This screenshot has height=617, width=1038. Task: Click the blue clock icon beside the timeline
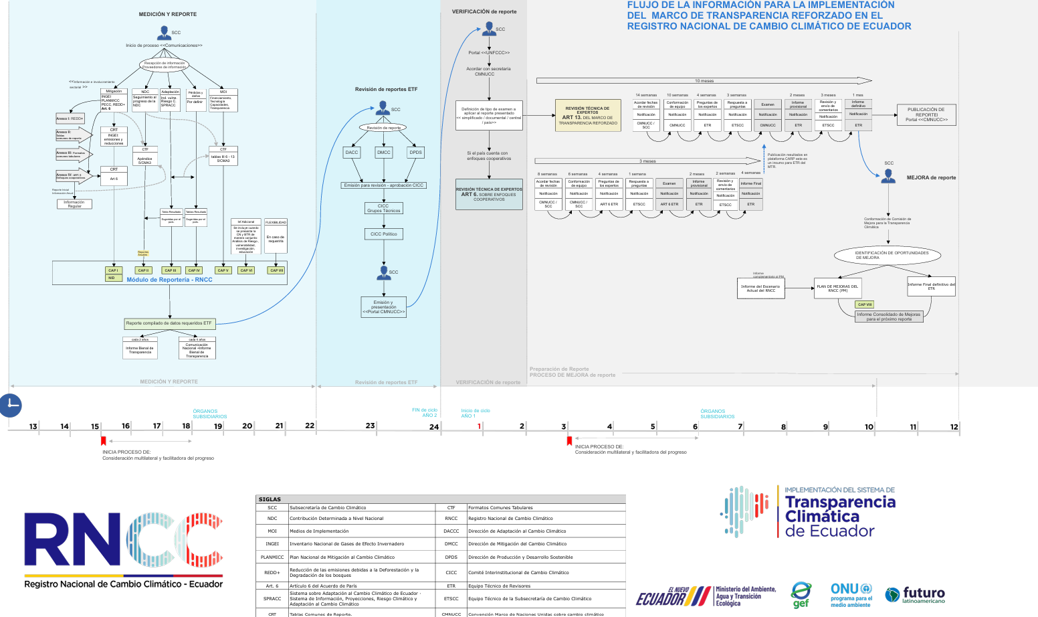[11, 405]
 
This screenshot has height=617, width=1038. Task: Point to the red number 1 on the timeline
[479, 426]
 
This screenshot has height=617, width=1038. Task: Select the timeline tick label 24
[434, 427]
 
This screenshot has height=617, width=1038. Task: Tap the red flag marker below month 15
[103, 440]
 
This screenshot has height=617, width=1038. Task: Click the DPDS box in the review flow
[415, 153]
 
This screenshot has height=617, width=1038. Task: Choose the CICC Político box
[384, 234]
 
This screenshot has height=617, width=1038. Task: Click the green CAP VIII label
[865, 304]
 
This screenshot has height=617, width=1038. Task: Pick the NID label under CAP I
[112, 278]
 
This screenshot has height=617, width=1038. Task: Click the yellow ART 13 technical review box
[588, 116]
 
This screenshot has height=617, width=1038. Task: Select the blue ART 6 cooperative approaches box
[489, 194]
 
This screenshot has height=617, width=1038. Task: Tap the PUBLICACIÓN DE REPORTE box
[926, 114]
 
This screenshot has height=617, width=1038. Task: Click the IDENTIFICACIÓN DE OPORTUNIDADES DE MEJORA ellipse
[887, 255]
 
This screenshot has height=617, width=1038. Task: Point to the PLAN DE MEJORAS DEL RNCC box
[837, 288]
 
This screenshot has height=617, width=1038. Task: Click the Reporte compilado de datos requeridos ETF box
[169, 323]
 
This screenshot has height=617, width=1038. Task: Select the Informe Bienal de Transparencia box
[140, 349]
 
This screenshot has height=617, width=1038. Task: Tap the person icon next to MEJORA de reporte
[888, 176]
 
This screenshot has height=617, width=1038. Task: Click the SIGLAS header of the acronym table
[270, 499]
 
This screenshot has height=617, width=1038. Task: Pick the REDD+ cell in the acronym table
[272, 572]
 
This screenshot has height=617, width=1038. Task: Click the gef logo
[801, 594]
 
